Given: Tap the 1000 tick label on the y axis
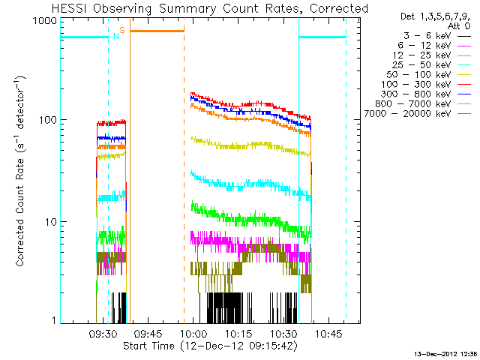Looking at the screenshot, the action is pyautogui.click(x=45, y=21).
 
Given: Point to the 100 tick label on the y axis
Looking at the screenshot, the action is pyautogui.click(x=48, y=120).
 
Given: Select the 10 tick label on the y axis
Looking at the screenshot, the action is pyautogui.click(x=52, y=222).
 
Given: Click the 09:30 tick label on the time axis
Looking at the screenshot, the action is pyautogui.click(x=103, y=334).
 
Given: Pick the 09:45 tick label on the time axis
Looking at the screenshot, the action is pyautogui.click(x=148, y=334).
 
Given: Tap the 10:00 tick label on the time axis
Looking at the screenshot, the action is pyautogui.click(x=193, y=334).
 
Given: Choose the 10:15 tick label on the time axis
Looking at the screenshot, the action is pyautogui.click(x=238, y=334).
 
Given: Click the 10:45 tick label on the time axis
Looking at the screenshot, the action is pyautogui.click(x=328, y=334).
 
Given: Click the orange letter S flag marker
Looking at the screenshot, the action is pyautogui.click(x=122, y=30).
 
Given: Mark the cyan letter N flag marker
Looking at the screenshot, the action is pyautogui.click(x=116, y=36).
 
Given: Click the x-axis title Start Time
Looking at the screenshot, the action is pyautogui.click(x=149, y=346).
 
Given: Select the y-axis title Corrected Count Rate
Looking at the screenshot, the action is pyautogui.click(x=20, y=211).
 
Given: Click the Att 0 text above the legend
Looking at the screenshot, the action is pyautogui.click(x=459, y=25).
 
